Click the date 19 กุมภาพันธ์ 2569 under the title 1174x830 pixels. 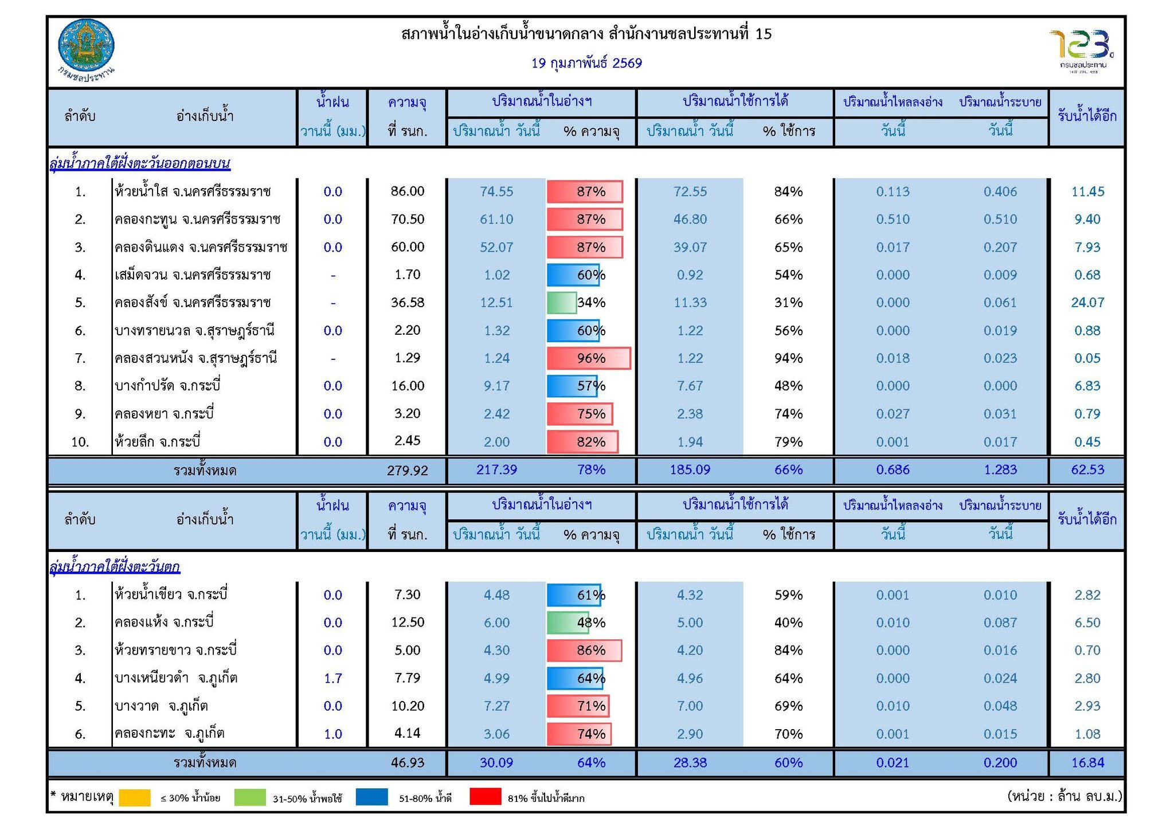(x=586, y=63)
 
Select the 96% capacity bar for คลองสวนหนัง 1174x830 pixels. (x=588, y=358)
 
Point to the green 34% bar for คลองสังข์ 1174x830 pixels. (x=562, y=303)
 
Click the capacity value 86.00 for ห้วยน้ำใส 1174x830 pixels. (x=408, y=191)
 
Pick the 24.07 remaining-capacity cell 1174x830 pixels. (x=1087, y=303)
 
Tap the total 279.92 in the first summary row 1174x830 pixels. (x=408, y=471)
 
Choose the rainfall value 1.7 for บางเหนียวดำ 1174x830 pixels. (x=333, y=679)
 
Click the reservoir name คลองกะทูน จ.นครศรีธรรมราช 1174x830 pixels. (x=197, y=220)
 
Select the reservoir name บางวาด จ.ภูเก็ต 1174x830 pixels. (x=161, y=706)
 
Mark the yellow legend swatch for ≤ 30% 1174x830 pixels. (x=135, y=797)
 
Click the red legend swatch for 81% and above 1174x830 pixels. (x=485, y=797)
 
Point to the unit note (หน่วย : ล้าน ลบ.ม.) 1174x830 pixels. (x=1064, y=796)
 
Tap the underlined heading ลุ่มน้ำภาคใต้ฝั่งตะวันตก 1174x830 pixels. (x=115, y=567)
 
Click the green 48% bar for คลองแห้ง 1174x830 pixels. (x=568, y=622)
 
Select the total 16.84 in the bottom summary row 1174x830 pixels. (x=1087, y=763)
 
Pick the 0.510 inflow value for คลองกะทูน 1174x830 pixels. (x=893, y=220)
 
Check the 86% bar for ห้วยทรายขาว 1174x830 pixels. (x=584, y=651)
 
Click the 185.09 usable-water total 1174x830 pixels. (x=690, y=470)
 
